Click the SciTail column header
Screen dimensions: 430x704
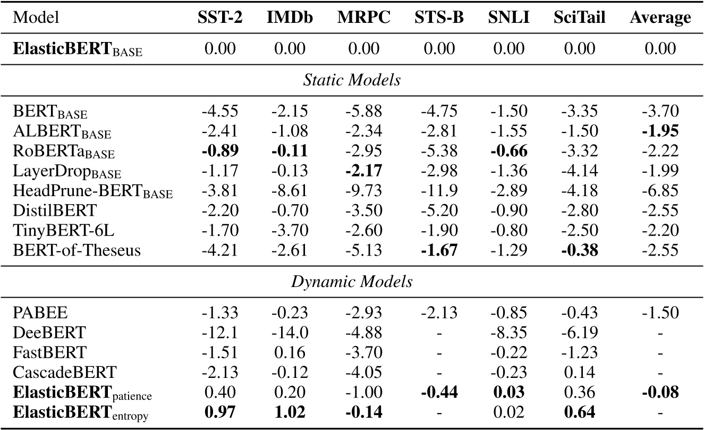pyautogui.click(x=582, y=18)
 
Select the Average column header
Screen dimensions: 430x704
pyautogui.click(x=660, y=18)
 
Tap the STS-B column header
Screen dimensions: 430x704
pyautogui.click(x=439, y=18)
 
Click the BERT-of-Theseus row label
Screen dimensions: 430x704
pyautogui.click(x=78, y=250)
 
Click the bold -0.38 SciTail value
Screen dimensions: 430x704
pyautogui.click(x=582, y=250)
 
